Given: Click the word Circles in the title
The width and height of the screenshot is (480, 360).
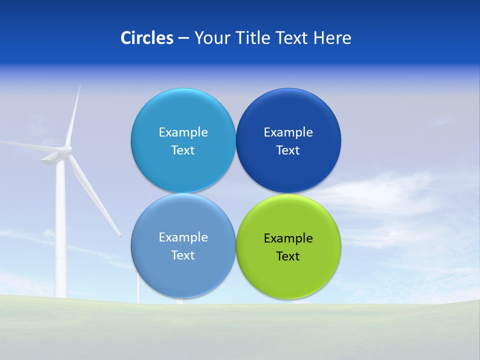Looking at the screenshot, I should [146, 38].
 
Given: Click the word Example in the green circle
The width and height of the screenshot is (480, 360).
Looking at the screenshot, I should [288, 238].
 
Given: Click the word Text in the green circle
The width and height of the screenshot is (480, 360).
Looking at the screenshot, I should [288, 256].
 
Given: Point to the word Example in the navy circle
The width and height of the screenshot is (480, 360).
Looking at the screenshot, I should [288, 132].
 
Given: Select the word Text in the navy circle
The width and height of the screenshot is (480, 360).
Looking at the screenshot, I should [288, 150].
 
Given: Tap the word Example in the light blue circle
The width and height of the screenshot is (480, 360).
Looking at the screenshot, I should [183, 132].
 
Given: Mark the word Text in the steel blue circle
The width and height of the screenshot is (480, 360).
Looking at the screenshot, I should [183, 255].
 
